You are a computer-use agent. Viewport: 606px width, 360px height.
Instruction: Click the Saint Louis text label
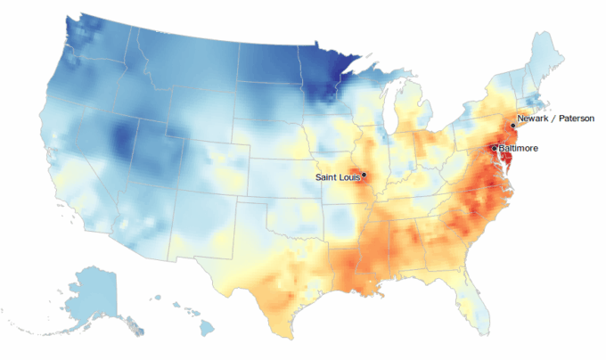(337, 177)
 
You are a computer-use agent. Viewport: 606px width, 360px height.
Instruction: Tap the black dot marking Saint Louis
(364, 175)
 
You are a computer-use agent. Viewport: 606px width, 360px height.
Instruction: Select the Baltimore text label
(518, 148)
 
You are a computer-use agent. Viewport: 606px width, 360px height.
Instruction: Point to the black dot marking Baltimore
(494, 148)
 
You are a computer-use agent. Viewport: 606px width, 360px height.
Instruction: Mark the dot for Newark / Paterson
(512, 126)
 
